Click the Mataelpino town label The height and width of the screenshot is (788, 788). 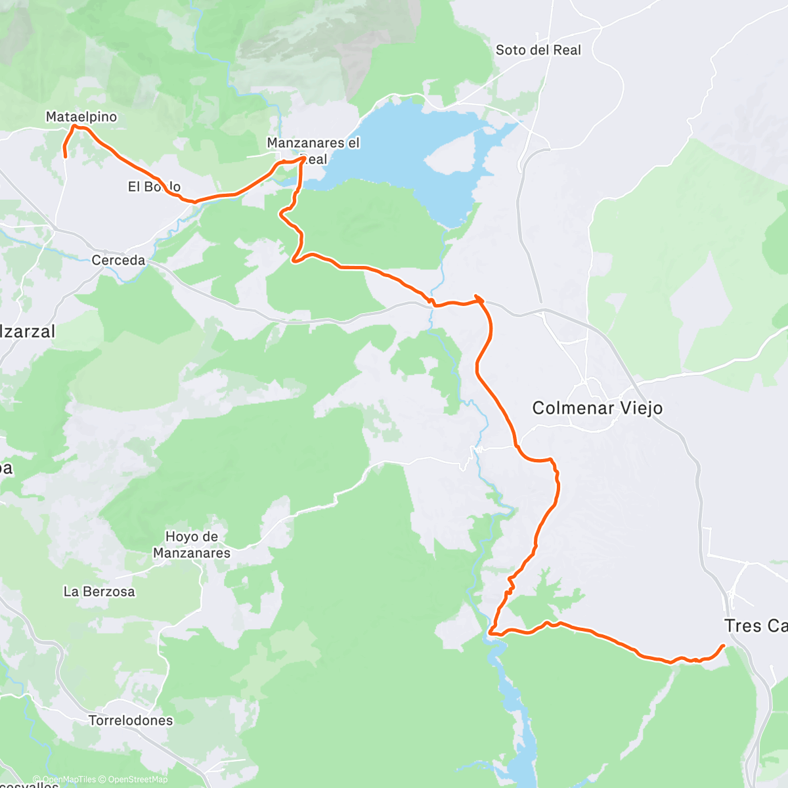81,117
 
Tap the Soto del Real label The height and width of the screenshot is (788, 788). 538,50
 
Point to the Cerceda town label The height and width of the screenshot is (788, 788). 118,260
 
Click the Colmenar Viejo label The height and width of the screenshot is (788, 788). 597,408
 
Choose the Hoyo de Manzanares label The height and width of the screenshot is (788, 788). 192,544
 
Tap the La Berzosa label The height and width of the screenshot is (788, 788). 99,592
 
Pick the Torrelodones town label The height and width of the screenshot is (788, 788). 131,720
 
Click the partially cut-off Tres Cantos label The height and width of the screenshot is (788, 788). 755,626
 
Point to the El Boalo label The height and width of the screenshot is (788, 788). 154,187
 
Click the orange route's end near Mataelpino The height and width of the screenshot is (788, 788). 65,156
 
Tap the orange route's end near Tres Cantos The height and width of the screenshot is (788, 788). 723,646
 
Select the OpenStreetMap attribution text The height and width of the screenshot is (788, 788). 138,780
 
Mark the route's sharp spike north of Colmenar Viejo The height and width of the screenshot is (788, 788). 475,297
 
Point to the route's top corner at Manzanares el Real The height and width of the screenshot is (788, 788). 303,158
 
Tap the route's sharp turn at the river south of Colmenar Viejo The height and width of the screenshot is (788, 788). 491,632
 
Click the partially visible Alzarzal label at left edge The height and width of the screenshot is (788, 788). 28,332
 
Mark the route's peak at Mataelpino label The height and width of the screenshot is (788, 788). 74,126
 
